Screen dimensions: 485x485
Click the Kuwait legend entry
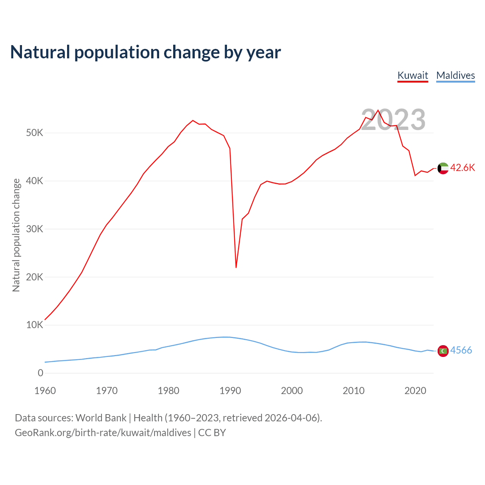[413, 75]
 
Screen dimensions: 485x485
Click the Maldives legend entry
[455, 75]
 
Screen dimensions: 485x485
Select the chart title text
[145, 52]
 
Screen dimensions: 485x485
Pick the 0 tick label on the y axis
[41, 373]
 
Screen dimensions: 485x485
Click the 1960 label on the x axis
[45, 391]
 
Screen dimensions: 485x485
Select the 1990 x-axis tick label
[230, 391]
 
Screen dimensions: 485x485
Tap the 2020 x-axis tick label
[415, 391]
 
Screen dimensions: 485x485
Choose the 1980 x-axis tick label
[169, 391]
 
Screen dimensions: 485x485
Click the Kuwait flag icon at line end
[443, 168]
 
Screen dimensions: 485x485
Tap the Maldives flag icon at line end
[443, 351]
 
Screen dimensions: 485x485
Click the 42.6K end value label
[462, 168]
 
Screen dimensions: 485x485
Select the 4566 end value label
[461, 350]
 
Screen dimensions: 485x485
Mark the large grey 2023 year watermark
[393, 120]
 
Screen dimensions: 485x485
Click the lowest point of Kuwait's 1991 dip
[236, 268]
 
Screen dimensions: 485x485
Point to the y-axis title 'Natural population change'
[16, 235]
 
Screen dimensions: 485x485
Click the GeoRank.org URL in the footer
[103, 433]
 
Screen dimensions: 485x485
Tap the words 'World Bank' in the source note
[101, 418]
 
